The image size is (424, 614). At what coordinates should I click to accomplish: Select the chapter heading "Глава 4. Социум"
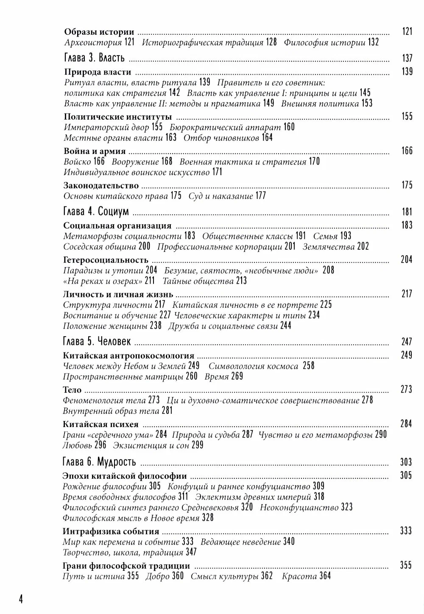(95, 212)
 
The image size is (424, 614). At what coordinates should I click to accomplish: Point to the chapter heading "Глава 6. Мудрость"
(99, 461)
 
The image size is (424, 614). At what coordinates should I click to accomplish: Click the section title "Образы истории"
(99, 32)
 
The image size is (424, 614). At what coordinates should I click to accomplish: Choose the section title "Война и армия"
(95, 151)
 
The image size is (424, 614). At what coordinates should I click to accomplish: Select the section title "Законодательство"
(101, 185)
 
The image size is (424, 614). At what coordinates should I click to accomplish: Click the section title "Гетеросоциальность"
(106, 260)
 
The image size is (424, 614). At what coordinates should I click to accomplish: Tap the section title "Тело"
(72, 390)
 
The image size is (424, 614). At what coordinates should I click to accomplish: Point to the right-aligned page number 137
(407, 58)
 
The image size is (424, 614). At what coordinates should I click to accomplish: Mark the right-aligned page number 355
(406, 566)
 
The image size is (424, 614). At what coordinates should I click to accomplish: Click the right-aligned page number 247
(407, 342)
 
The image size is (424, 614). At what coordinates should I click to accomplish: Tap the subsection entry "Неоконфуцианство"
(299, 507)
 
